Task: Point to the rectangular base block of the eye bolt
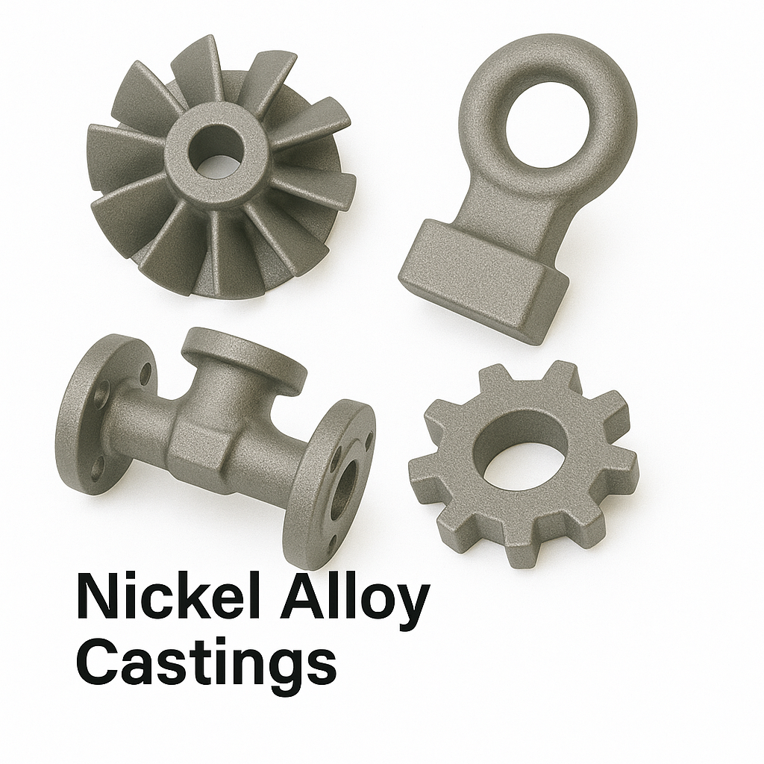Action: pyautogui.click(x=483, y=281)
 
